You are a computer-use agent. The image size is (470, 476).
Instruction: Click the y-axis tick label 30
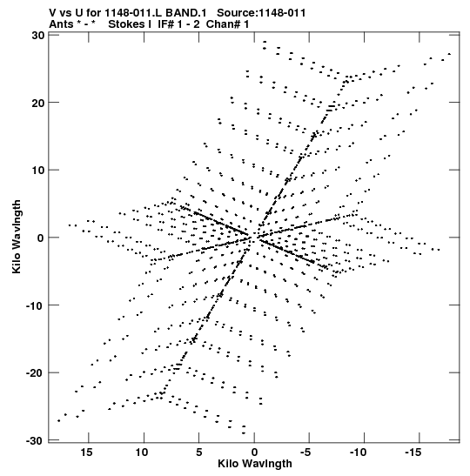pos(38,35)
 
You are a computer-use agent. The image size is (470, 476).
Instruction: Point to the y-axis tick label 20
pos(38,103)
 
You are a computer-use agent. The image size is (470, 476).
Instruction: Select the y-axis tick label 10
pos(38,170)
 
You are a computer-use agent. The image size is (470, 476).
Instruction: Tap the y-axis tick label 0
pos(41,238)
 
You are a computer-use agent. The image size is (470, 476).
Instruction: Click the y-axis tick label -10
pos(36,305)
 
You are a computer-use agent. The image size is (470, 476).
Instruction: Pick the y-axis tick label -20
pos(36,372)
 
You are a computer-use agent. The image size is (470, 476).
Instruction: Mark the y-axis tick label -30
pos(36,440)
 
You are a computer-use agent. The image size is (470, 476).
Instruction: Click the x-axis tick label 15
pos(86,453)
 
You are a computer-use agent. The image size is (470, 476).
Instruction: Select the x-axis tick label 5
pos(198,453)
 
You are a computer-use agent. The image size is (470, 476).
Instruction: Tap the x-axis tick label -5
pos(305,453)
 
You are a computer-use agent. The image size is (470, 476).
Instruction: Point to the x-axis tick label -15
pos(413,453)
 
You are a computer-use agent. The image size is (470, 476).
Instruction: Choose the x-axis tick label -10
pos(359,453)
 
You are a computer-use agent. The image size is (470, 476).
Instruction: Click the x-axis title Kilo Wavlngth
pos(255,464)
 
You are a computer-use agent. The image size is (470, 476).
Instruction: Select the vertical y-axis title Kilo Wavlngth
pos(17,237)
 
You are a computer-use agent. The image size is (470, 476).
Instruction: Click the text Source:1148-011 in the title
pos(261,13)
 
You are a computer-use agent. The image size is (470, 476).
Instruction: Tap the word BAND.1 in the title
pos(185,13)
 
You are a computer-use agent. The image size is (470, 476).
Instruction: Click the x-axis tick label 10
pos(142,453)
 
